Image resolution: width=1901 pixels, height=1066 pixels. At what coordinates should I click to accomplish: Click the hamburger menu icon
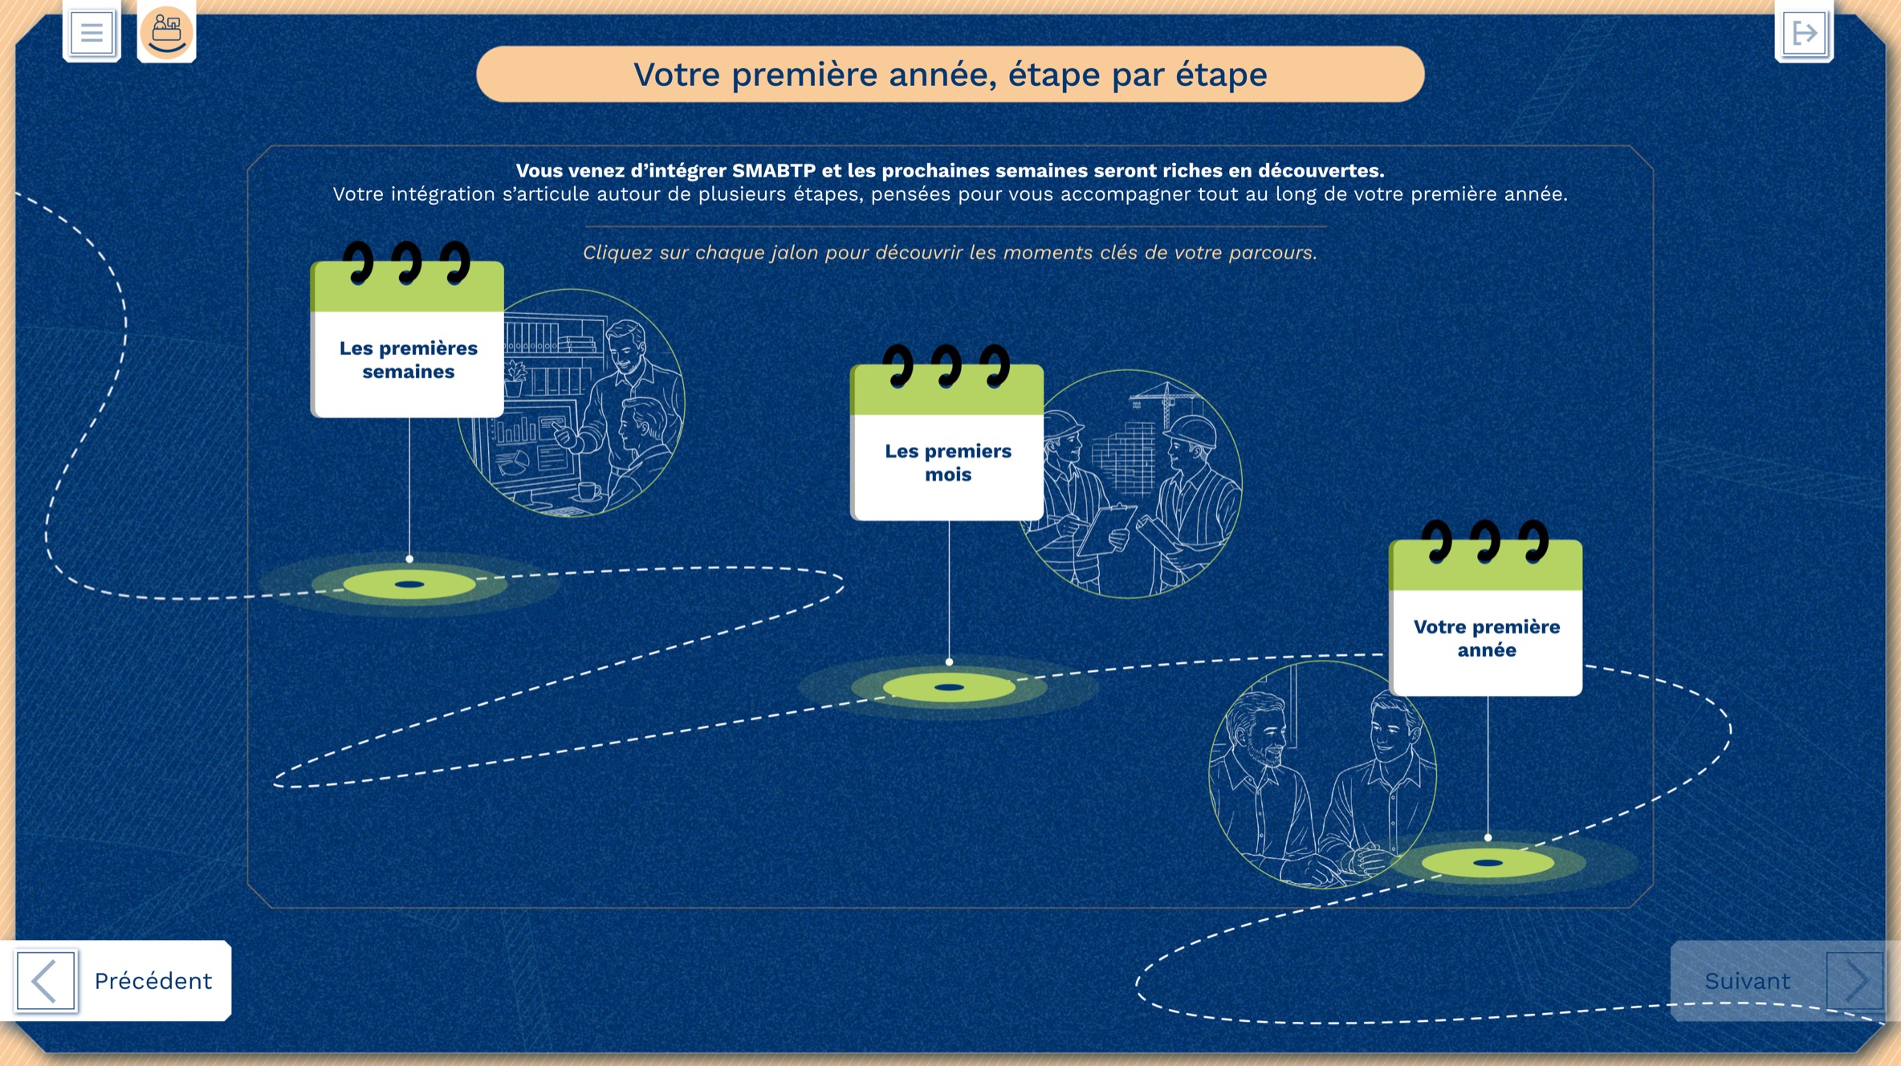(x=92, y=32)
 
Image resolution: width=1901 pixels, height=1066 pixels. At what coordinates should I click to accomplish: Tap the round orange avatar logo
(x=166, y=32)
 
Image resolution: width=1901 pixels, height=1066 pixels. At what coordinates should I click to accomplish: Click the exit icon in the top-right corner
(x=1804, y=32)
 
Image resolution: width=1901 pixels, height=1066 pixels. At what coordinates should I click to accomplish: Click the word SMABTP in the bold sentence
(x=773, y=170)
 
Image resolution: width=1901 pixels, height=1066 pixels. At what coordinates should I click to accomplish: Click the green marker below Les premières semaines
(x=409, y=584)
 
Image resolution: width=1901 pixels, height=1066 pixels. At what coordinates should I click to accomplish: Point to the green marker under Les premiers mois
(x=949, y=687)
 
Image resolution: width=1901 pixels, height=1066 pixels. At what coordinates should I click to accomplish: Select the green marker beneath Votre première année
(x=1488, y=863)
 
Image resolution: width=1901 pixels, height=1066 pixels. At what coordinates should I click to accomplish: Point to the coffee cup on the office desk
(x=588, y=490)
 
